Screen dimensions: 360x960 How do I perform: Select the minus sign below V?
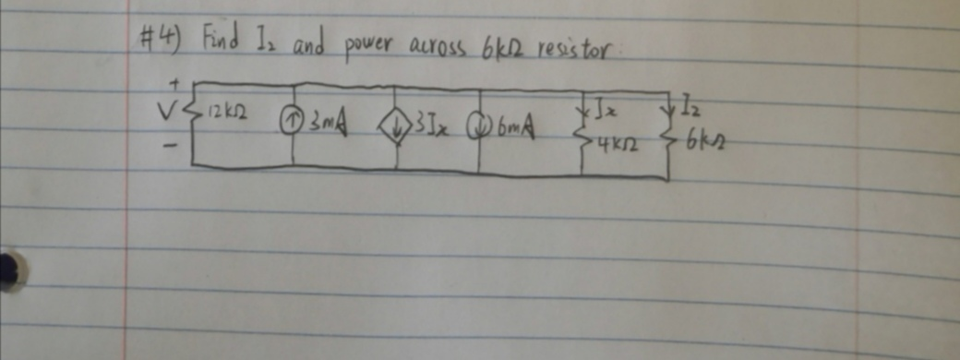(x=167, y=147)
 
